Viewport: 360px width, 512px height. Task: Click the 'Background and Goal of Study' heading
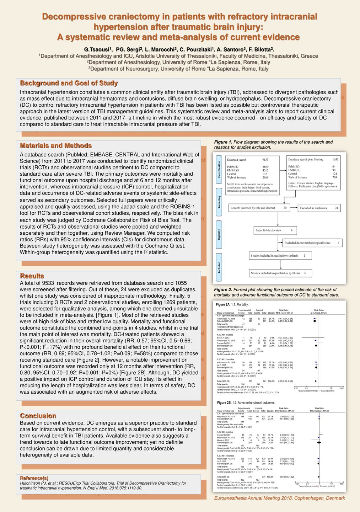(69, 83)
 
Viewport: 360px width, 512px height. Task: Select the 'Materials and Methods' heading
(56, 146)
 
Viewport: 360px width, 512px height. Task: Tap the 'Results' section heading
(32, 276)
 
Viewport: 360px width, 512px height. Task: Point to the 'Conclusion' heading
(38, 416)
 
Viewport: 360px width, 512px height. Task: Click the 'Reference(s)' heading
(34, 478)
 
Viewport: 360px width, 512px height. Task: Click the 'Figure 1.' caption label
(223, 142)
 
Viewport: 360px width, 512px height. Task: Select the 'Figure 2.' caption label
(223, 290)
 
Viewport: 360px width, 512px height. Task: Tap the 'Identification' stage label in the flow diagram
(219, 170)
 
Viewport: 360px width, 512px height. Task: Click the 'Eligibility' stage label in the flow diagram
(219, 234)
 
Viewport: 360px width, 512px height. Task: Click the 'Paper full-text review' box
(275, 230)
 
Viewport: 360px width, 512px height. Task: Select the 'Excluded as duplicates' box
(319, 208)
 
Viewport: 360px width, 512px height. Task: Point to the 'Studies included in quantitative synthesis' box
(280, 273)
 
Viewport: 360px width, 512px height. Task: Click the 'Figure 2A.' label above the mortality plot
(223, 305)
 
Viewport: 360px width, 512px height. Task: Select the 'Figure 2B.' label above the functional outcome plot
(224, 403)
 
